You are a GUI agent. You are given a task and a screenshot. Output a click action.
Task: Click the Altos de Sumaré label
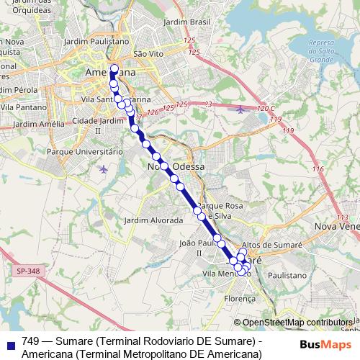click(269, 246)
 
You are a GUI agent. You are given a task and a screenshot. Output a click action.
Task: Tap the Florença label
click(240, 298)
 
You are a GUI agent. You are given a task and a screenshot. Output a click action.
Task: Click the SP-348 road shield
click(24, 271)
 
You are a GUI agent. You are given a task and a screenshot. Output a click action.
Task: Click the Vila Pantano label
click(22, 107)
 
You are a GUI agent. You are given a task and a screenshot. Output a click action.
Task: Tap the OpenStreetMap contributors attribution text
click(297, 323)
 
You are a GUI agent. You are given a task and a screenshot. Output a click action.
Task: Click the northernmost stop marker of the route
click(114, 68)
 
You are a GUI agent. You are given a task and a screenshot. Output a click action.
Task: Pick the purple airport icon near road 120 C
click(240, 109)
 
